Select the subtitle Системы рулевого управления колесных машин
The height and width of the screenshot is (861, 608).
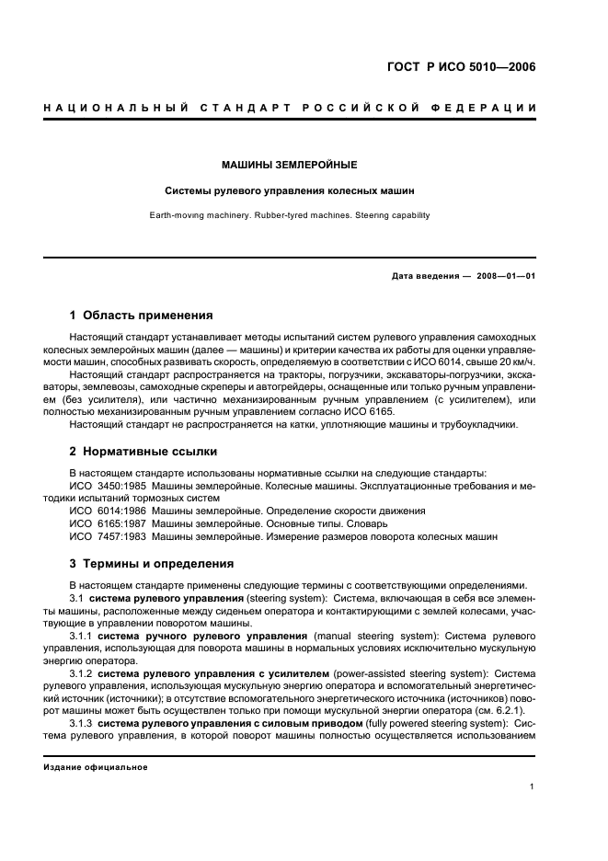[289, 192]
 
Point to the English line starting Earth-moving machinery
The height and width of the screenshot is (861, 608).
[289, 216]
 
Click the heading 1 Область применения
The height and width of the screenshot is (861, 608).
[142, 315]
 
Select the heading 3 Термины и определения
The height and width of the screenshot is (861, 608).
[152, 563]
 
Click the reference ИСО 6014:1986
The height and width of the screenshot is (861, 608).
[108, 511]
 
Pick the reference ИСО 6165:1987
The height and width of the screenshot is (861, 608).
[108, 523]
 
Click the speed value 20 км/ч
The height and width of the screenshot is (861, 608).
[514, 362]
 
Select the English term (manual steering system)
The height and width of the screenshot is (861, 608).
[370, 636]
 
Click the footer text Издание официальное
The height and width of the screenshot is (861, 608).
[95, 767]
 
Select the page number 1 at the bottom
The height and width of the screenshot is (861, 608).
[533, 786]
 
